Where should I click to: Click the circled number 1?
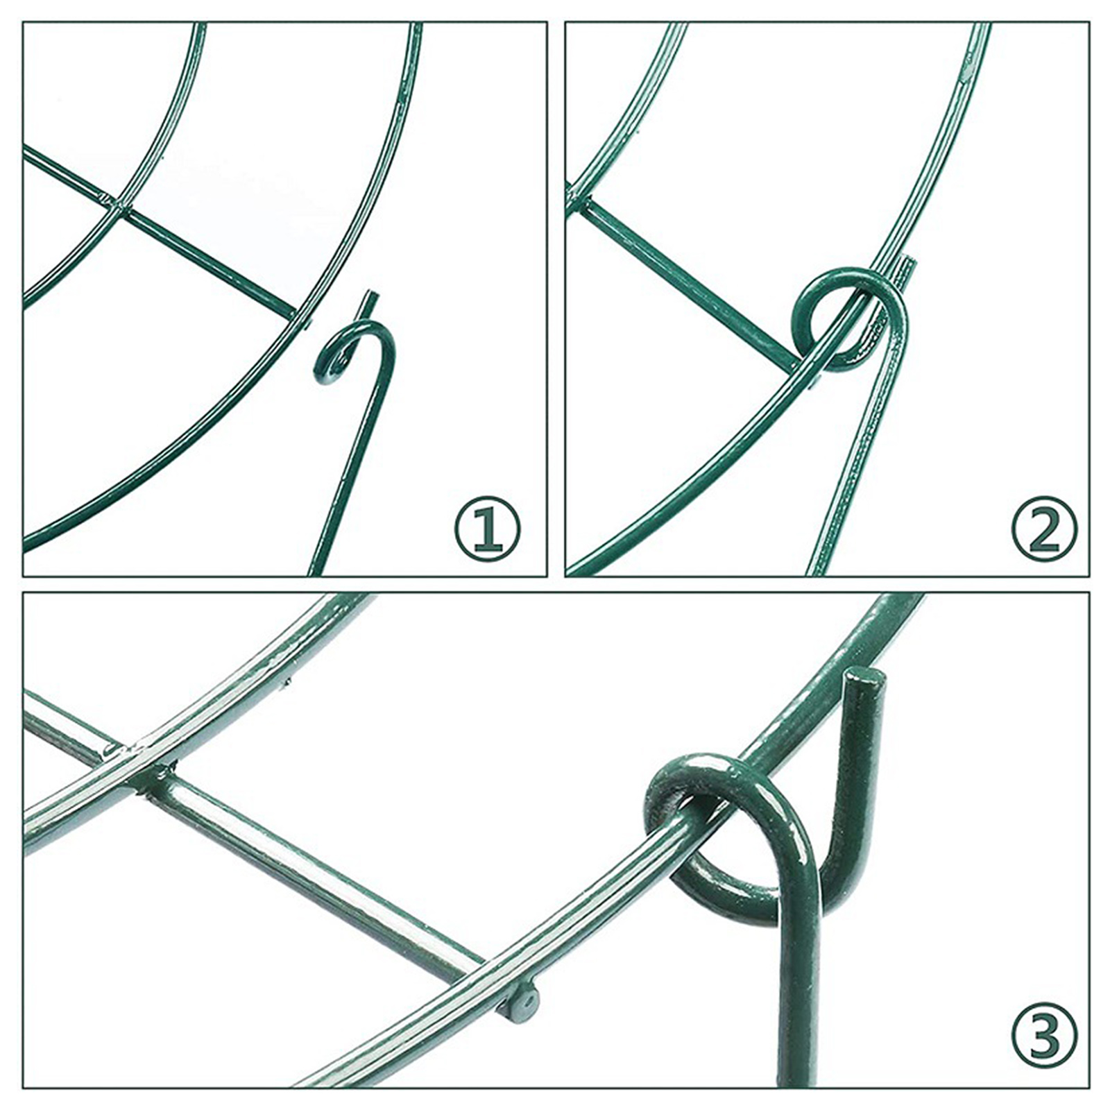tap(488, 529)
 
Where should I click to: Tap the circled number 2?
tap(1045, 529)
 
